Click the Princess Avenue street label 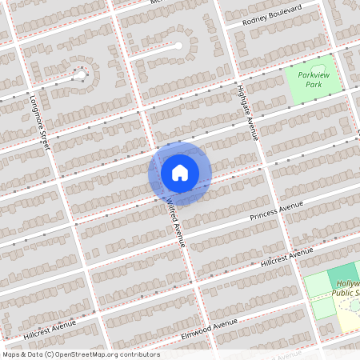(277, 212)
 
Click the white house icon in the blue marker (180, 172)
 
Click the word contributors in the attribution (139, 354)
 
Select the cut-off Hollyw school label (348, 284)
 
